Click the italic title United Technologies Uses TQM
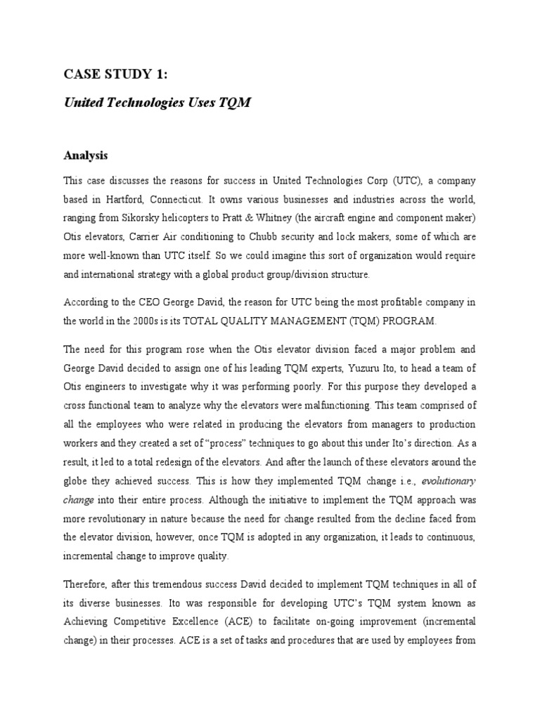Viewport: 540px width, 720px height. tap(157, 103)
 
